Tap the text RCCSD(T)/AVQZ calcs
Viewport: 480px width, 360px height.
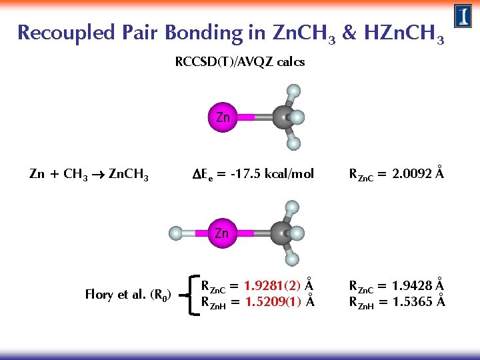tap(239, 62)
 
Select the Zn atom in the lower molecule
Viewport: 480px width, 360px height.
tap(222, 233)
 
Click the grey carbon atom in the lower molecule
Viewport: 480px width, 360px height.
tap(283, 233)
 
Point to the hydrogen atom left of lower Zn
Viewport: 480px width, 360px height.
tap(175, 233)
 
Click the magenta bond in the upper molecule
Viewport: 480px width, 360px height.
tap(247, 117)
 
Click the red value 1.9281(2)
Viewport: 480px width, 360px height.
tap(269, 287)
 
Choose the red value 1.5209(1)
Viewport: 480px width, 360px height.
tap(269, 301)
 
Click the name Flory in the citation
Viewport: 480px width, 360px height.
tap(99, 294)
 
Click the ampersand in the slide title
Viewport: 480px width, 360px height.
tap(349, 33)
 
